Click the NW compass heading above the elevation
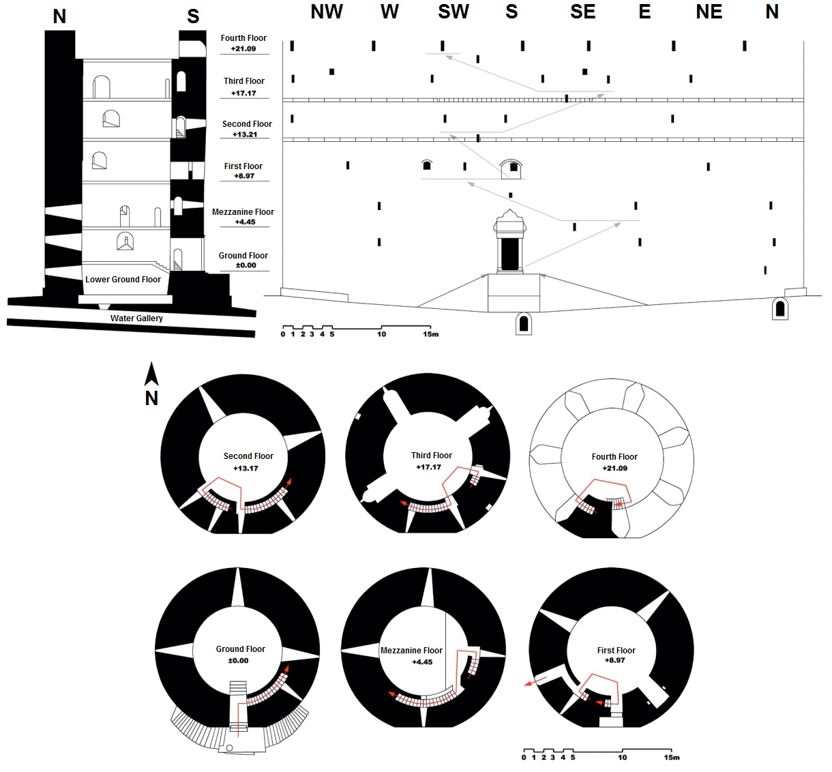click(x=327, y=12)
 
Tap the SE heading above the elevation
click(x=583, y=12)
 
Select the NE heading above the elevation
click(x=709, y=12)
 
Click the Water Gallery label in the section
click(x=136, y=318)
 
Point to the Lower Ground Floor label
click(x=123, y=280)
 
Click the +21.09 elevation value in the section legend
click(x=243, y=49)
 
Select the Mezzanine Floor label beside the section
click(x=243, y=212)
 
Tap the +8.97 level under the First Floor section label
click(x=243, y=176)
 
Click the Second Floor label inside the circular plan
click(x=248, y=456)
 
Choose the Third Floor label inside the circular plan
click(x=432, y=456)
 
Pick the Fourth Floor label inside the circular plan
click(x=614, y=457)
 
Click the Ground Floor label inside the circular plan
click(x=241, y=649)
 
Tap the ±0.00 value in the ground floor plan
click(x=238, y=661)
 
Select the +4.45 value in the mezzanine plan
click(x=422, y=662)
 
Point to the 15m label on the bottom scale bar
click(x=672, y=758)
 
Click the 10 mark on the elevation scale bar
click(x=382, y=334)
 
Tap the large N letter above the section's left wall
click(x=59, y=16)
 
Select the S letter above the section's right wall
click(x=193, y=16)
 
